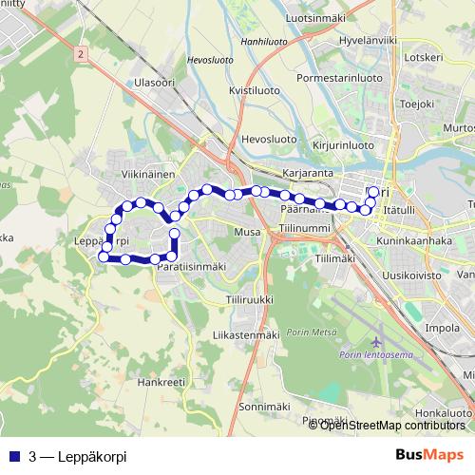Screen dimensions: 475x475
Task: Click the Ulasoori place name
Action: (x=156, y=83)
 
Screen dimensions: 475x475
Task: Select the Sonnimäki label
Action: (x=237, y=406)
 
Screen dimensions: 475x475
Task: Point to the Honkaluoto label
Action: (x=444, y=413)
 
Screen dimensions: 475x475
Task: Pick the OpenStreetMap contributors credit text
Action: (x=391, y=425)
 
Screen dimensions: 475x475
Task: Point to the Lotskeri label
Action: (x=423, y=56)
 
